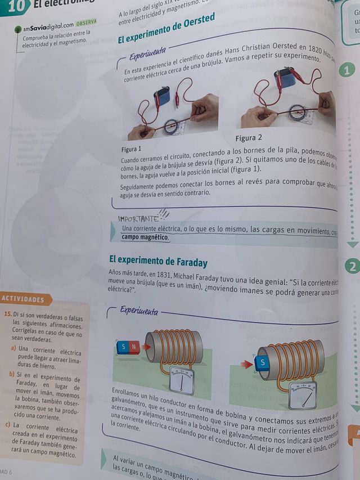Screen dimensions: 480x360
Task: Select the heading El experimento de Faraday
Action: [x=158, y=262]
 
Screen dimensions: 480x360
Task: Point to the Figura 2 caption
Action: [x=249, y=137]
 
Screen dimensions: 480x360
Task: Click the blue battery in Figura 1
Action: [x=163, y=96]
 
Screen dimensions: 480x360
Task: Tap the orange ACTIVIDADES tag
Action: [x=23, y=299]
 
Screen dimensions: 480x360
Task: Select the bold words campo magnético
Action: [x=145, y=237]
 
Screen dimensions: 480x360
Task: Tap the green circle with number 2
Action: [x=352, y=267]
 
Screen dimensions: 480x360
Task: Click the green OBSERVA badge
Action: [x=86, y=22]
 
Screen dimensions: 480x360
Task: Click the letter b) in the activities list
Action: [x=12, y=374]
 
